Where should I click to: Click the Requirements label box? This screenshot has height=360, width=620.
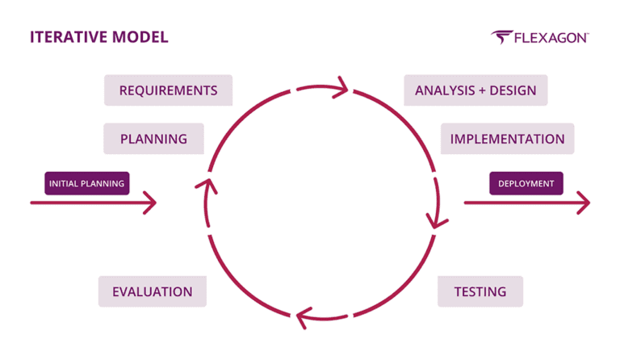(168, 90)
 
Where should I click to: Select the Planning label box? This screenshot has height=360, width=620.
(153, 139)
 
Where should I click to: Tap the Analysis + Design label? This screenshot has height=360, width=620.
(475, 90)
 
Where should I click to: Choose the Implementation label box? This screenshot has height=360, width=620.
(507, 139)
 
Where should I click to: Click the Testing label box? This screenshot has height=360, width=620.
(480, 291)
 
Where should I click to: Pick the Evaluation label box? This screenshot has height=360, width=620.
(152, 291)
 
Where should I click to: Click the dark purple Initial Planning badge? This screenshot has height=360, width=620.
(86, 183)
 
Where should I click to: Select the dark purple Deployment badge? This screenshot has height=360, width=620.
(526, 183)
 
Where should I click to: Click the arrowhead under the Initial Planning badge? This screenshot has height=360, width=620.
(149, 203)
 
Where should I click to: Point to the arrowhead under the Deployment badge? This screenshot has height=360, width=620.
(583, 203)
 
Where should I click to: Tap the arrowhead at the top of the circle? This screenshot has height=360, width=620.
(340, 86)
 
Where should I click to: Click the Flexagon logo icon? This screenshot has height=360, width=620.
(503, 38)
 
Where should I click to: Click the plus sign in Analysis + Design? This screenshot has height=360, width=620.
(481, 90)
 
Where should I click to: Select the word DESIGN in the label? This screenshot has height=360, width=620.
(513, 90)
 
